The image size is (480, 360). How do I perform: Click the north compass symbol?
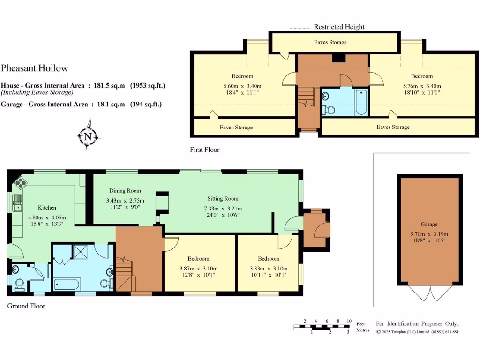click(88, 136)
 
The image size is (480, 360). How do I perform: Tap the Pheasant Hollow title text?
click(35, 68)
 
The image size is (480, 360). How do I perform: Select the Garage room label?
click(429, 225)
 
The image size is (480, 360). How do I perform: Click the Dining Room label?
click(125, 191)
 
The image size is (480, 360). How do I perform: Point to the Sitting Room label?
click(223, 198)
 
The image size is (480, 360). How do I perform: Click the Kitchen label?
click(47, 208)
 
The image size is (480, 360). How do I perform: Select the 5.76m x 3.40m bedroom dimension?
click(422, 86)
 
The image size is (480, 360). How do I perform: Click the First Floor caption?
click(205, 150)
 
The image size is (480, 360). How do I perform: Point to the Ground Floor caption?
click(26, 306)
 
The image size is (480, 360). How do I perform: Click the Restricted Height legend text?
click(339, 27)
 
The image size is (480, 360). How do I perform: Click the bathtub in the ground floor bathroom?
click(67, 284)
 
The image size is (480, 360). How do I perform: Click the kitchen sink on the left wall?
click(18, 203)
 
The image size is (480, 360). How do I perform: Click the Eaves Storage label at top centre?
click(330, 42)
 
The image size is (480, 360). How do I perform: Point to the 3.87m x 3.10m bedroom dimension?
click(198, 269)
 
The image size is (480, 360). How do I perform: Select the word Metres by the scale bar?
click(363, 330)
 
